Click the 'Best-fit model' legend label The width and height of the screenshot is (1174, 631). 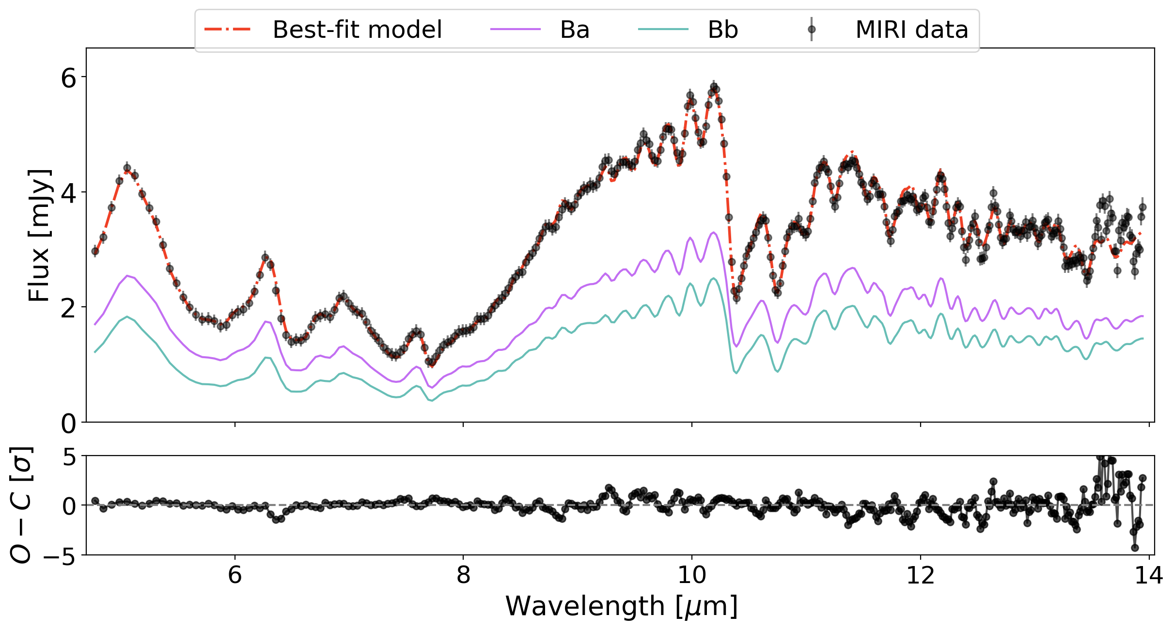point(357,30)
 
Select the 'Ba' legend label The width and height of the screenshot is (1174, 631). point(575,30)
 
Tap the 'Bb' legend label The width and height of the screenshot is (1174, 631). point(722,30)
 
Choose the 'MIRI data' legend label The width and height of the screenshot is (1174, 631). point(911,30)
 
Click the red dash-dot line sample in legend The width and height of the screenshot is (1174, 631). point(227,30)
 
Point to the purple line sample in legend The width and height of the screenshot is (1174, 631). point(515,30)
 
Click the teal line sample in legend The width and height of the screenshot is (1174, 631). point(663,30)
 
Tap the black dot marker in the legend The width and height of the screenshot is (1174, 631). point(812,30)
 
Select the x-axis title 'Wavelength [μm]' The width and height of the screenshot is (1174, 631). point(621,606)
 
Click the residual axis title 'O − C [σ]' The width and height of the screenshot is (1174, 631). point(21,505)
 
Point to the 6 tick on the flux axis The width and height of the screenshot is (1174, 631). point(68,78)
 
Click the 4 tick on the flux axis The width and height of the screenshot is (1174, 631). point(68,192)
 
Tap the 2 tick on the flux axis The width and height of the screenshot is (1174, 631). point(68,307)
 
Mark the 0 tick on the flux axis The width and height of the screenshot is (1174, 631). point(68,423)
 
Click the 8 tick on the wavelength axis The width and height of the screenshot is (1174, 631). point(463,575)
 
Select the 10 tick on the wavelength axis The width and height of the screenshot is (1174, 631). point(691,575)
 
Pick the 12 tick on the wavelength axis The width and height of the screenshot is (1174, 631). point(920,575)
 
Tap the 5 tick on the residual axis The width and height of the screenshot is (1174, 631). point(68,457)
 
